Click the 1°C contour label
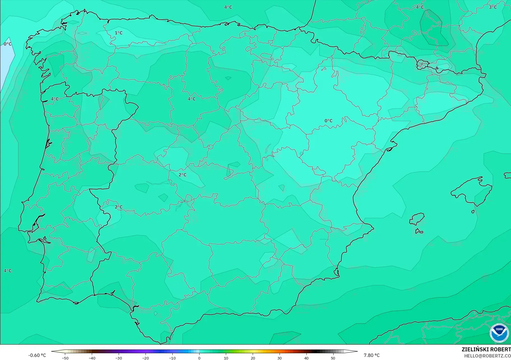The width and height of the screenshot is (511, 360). [x=119, y=33]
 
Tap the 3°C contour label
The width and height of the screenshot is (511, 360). [x=493, y=7]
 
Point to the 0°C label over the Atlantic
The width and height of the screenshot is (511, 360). [x=8, y=44]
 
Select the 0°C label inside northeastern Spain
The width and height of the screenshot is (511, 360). [x=329, y=121]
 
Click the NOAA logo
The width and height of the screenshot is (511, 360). [x=499, y=333]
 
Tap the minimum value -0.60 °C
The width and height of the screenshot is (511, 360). [x=37, y=355]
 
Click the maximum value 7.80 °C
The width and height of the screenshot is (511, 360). [x=372, y=355]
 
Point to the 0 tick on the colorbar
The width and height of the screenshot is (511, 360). [x=199, y=358]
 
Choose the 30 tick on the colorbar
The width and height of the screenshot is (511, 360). [x=280, y=358]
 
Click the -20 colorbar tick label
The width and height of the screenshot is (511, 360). [x=145, y=358]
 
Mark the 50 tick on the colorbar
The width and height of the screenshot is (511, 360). [x=333, y=358]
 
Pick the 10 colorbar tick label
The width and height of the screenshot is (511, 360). [x=226, y=358]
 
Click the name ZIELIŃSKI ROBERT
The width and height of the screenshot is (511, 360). [x=486, y=350]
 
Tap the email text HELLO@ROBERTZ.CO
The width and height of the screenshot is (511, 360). [x=487, y=356]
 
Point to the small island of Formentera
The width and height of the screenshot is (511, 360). [x=419, y=231]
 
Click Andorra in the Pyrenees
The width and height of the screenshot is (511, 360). [x=422, y=64]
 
